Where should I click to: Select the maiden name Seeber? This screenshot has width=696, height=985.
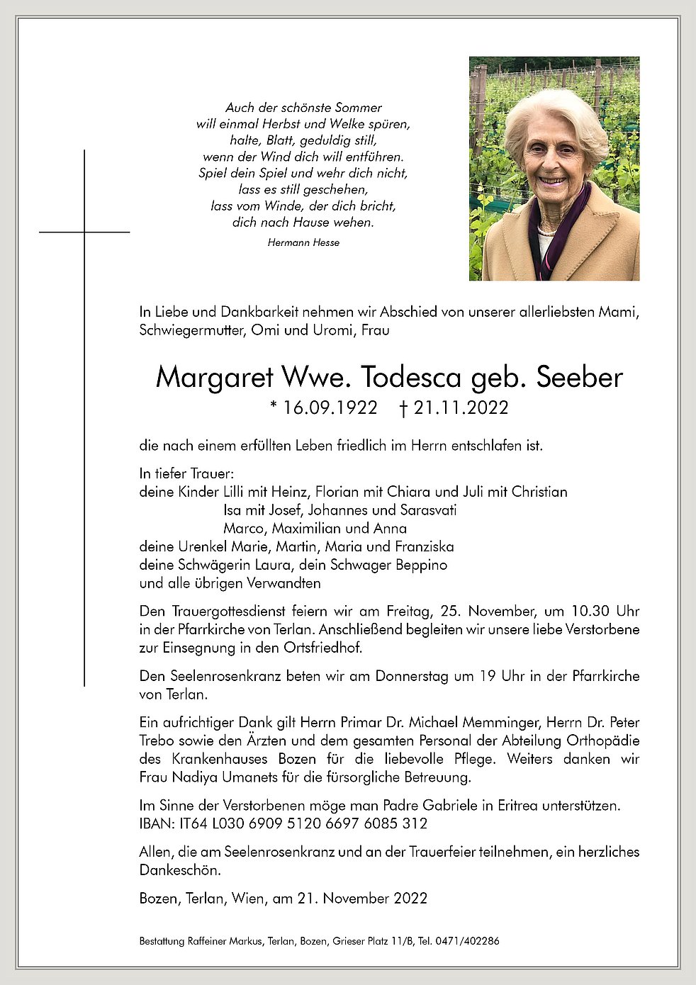[x=579, y=378]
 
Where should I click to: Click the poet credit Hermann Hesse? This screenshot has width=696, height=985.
[x=303, y=242]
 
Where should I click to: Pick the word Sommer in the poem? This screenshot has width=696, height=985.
[x=357, y=108]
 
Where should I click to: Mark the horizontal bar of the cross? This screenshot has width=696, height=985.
[x=84, y=232]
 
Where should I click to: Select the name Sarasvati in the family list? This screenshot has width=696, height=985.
[x=428, y=510]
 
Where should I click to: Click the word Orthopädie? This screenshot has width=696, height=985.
[x=602, y=741]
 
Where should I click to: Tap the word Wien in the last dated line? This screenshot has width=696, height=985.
[x=247, y=899]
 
